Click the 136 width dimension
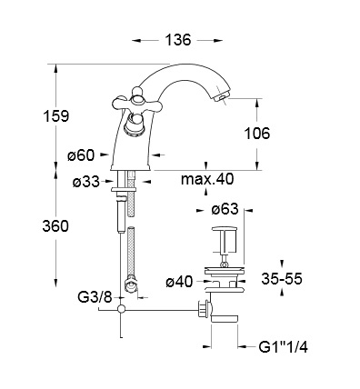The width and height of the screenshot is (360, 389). tap(178, 40)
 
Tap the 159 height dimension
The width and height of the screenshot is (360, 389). tap(56, 115)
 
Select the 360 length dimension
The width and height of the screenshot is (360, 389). tap(55, 226)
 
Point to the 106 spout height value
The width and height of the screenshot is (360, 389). tap(256, 134)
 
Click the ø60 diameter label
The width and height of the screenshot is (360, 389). tap(81, 155)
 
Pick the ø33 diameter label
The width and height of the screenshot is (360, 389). tap(86, 182)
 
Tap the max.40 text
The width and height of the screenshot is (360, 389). tap(207, 179)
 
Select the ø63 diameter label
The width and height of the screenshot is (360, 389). tap(225, 209)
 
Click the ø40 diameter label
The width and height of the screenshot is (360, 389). tap(179, 283)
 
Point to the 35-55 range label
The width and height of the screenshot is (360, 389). tap(282, 279)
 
